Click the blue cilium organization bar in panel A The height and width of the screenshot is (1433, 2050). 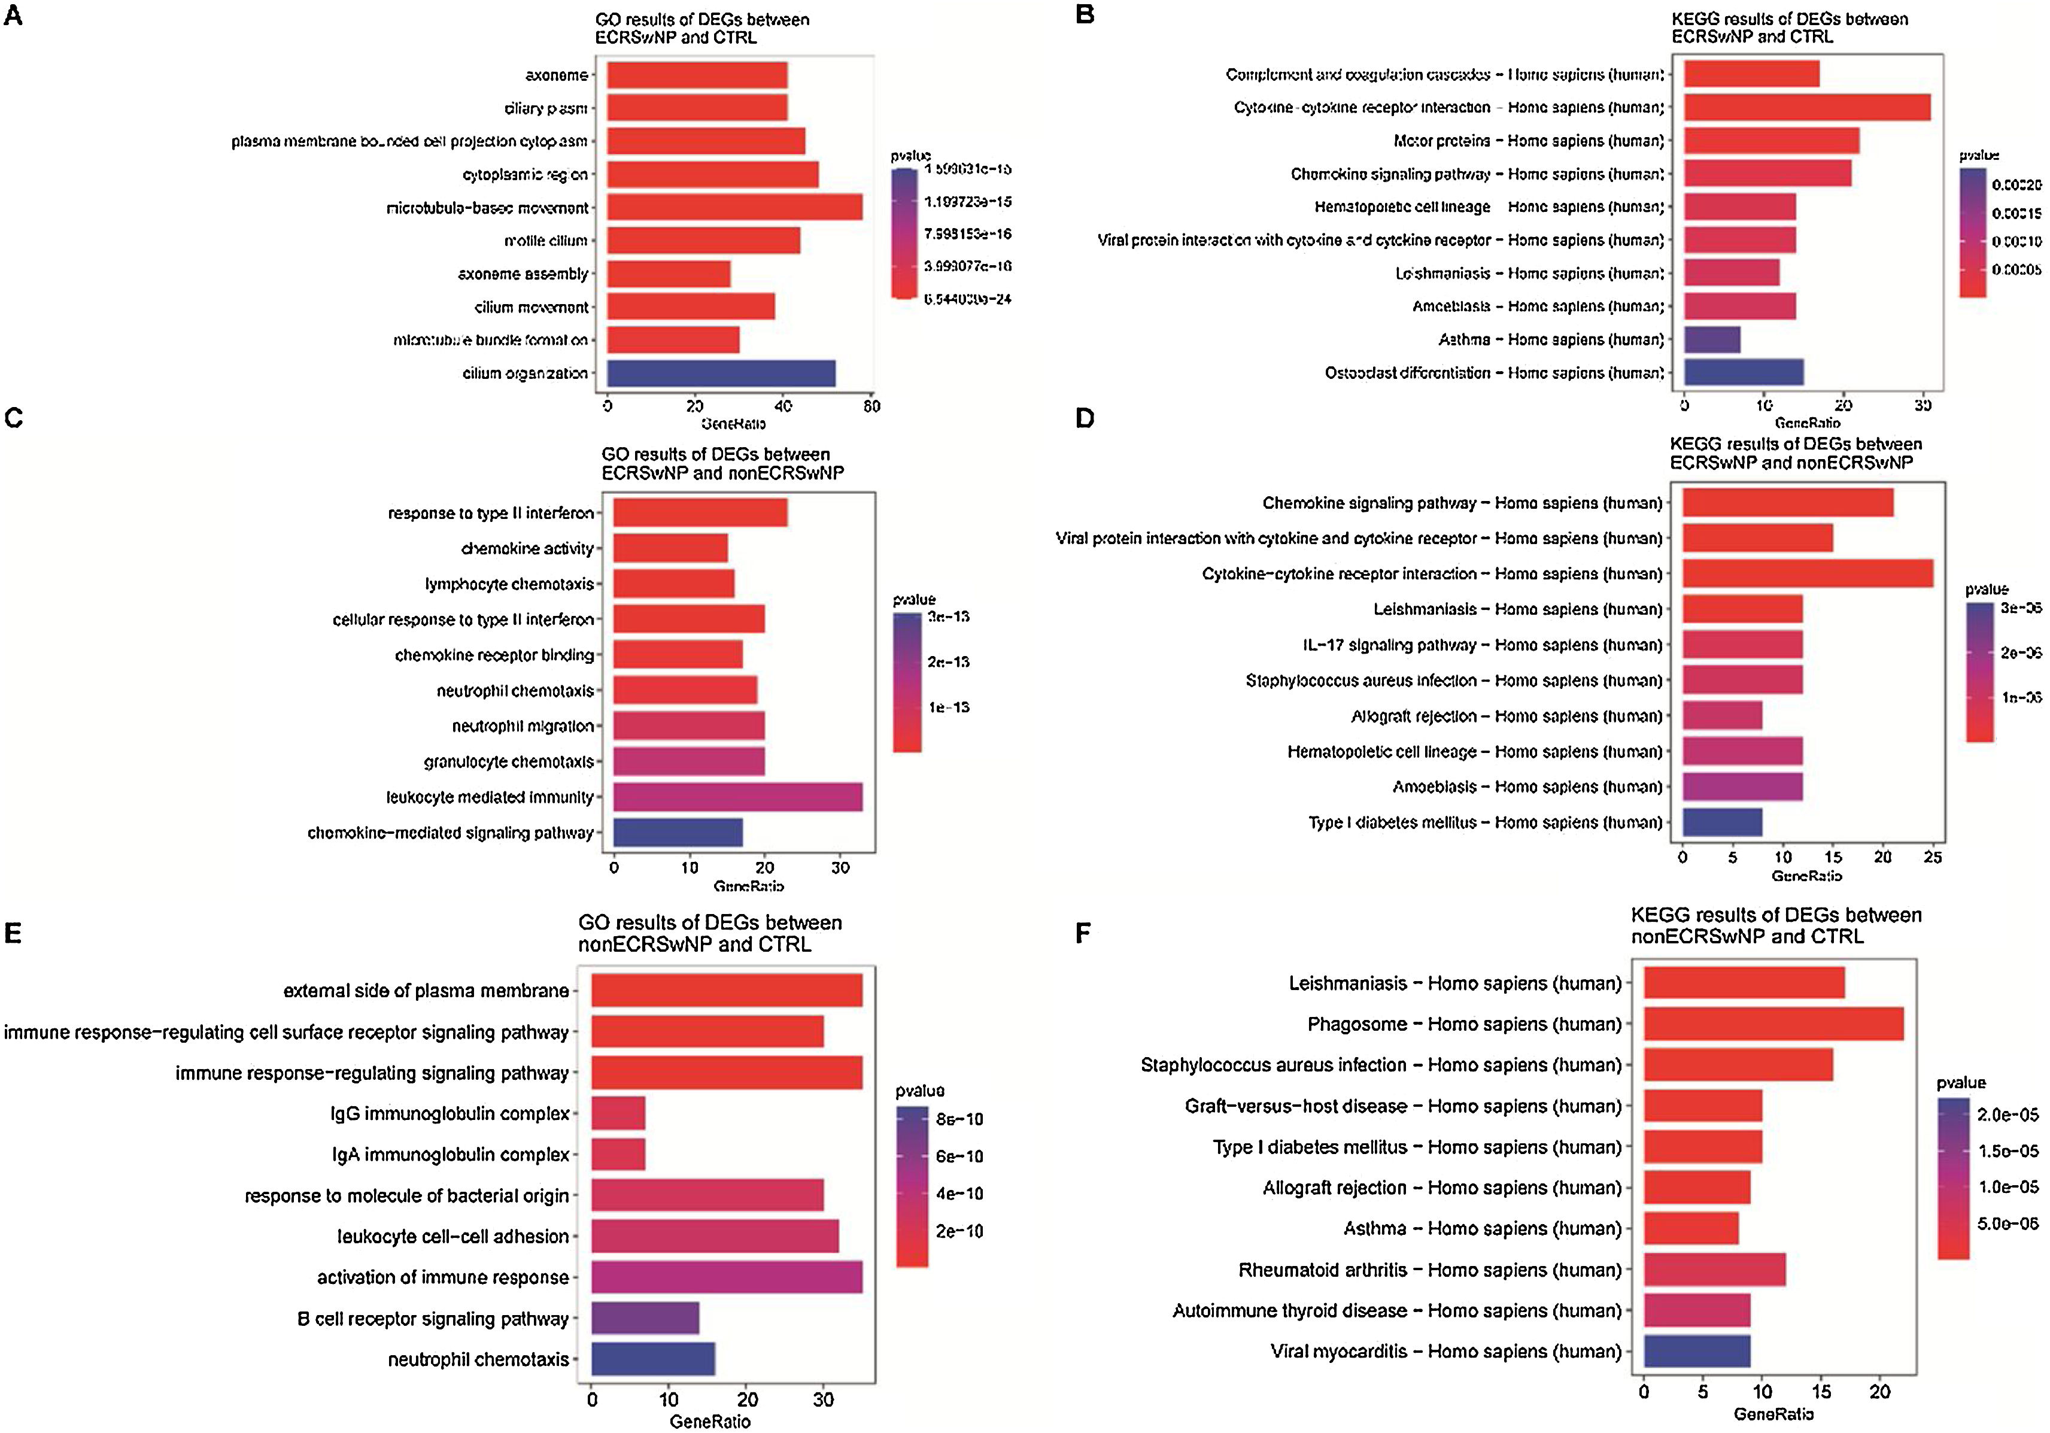click(721, 373)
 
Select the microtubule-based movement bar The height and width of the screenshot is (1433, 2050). click(734, 207)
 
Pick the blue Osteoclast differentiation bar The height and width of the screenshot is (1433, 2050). click(1743, 372)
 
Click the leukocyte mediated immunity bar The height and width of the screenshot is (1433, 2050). click(737, 796)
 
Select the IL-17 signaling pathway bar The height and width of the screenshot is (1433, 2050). click(1742, 645)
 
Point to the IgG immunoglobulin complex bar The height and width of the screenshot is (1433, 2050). click(618, 1113)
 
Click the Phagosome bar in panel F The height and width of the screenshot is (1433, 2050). click(1773, 1024)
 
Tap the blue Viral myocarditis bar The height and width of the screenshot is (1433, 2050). click(1696, 1351)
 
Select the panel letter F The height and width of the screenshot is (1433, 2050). click(1083, 934)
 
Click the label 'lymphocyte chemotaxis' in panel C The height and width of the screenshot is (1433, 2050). click(509, 584)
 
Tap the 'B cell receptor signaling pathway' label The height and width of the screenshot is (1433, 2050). click(433, 1319)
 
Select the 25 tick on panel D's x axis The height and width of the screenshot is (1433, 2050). click(1932, 857)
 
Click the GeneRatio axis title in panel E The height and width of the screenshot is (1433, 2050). click(710, 1422)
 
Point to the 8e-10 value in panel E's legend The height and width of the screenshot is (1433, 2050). click(959, 1119)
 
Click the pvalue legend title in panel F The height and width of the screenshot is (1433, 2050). click(1961, 1083)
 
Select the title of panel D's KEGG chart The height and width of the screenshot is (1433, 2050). click(1794, 453)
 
